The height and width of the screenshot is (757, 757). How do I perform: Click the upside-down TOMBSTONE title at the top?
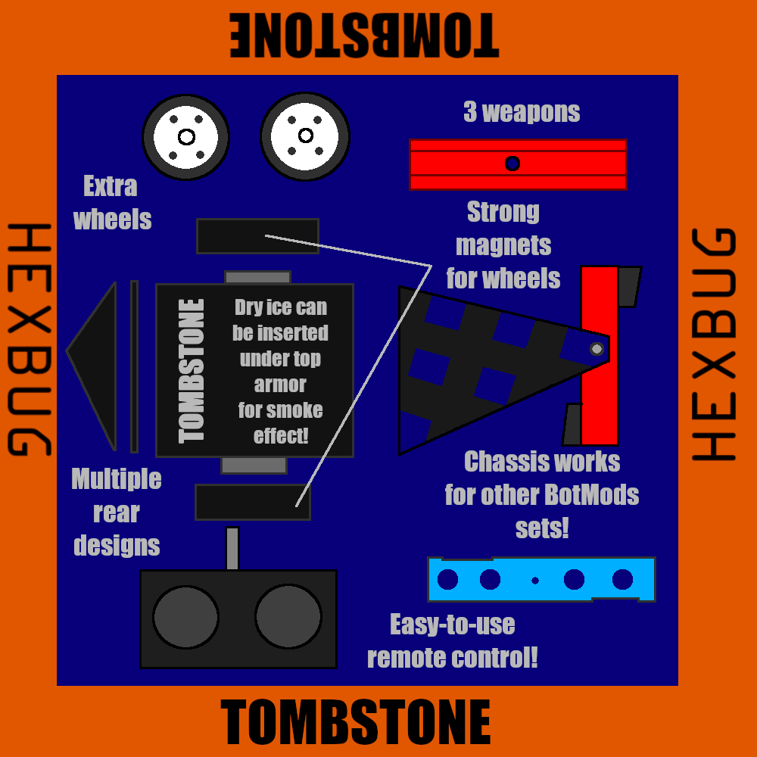click(x=364, y=36)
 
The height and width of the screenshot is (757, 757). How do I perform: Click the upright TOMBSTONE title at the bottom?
click(x=356, y=722)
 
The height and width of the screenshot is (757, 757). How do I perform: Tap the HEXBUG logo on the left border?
click(x=29, y=340)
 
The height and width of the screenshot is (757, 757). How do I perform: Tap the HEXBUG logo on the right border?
click(x=714, y=344)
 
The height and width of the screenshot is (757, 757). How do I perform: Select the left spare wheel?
click(x=186, y=137)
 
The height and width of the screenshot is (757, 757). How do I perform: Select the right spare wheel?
click(x=305, y=136)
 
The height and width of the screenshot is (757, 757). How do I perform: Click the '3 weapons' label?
click(x=522, y=113)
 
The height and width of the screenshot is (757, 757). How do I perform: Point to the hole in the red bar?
click(x=512, y=164)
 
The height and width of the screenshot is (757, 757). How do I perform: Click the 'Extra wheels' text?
click(x=112, y=203)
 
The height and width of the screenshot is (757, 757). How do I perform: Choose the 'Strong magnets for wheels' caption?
click(x=503, y=245)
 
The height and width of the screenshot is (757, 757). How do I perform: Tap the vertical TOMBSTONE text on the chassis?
click(x=192, y=371)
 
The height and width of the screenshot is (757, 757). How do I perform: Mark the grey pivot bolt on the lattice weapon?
click(x=597, y=349)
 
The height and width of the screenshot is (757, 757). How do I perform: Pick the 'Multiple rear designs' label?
click(x=117, y=512)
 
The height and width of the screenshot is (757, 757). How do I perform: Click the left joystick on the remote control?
click(x=185, y=617)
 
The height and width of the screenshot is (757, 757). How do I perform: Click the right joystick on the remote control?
click(x=288, y=617)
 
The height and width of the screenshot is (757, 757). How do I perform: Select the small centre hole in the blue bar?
click(x=535, y=581)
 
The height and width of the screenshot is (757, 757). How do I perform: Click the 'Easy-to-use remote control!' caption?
click(x=453, y=641)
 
